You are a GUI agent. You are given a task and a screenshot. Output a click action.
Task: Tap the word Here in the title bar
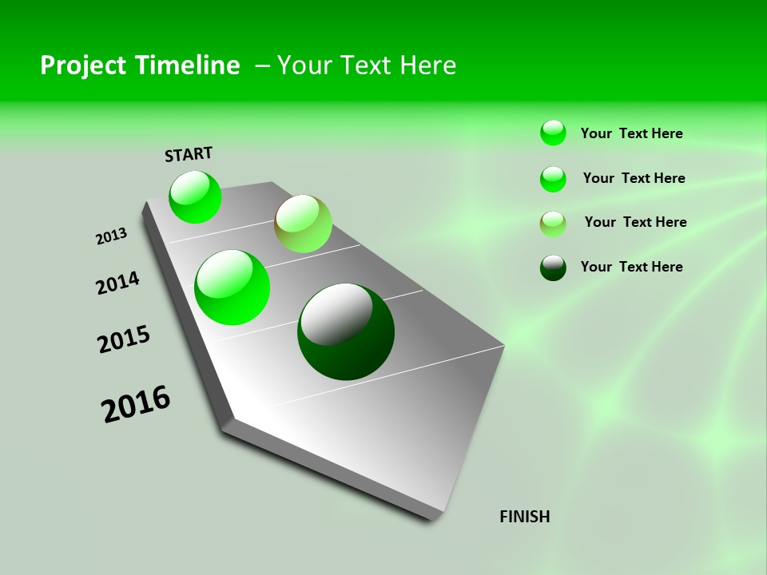pyautogui.click(x=427, y=65)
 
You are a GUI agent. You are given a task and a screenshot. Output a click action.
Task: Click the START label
pyautogui.click(x=189, y=154)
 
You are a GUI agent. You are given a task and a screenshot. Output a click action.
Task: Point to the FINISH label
pyautogui.click(x=524, y=517)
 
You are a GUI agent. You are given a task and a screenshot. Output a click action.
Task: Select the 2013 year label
pyautogui.click(x=112, y=236)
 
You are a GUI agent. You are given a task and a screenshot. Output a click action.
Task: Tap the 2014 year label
pyautogui.click(x=118, y=283)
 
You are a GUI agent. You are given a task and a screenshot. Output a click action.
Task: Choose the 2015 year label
pyautogui.click(x=124, y=339)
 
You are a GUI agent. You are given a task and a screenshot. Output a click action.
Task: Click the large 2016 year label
pyautogui.click(x=136, y=404)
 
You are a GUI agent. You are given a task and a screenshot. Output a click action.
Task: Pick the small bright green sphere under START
pyautogui.click(x=195, y=196)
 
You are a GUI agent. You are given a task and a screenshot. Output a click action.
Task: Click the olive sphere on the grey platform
pyautogui.click(x=303, y=224)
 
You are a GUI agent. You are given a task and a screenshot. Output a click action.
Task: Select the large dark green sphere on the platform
pyautogui.click(x=346, y=331)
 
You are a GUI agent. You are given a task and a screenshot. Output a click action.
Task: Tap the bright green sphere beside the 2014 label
pyautogui.click(x=232, y=287)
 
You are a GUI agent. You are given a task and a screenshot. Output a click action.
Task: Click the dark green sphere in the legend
pyautogui.click(x=553, y=268)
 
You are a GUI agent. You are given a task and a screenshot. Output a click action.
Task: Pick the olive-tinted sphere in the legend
pyautogui.click(x=553, y=223)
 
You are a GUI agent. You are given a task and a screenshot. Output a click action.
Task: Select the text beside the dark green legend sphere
pyautogui.click(x=631, y=267)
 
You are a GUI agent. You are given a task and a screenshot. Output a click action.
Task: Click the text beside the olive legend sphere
pyautogui.click(x=635, y=222)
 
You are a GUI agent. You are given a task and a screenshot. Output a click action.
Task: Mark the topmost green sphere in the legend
pyautogui.click(x=553, y=133)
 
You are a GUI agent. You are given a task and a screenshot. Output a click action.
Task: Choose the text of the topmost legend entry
pyautogui.click(x=631, y=133)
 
